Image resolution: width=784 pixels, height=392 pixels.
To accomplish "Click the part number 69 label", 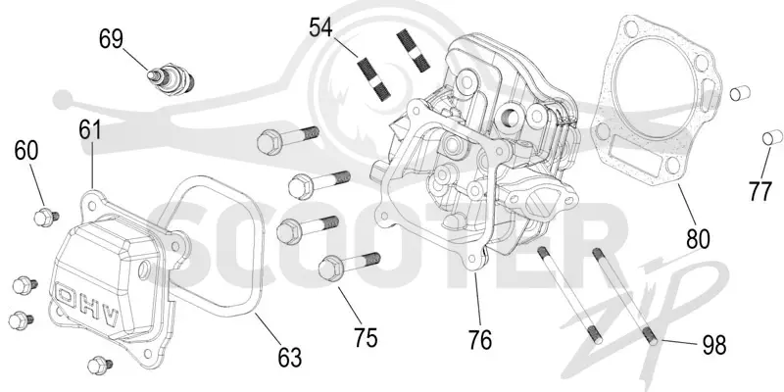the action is (x=111, y=39).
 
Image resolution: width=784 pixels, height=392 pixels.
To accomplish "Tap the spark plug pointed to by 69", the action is (x=171, y=79).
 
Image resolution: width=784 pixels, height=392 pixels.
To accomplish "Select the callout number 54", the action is (x=320, y=27).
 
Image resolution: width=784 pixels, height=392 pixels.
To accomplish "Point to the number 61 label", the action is (x=90, y=129).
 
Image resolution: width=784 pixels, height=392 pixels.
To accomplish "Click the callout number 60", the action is (x=26, y=150).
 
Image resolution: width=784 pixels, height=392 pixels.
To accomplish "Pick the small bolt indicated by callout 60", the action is (x=46, y=218).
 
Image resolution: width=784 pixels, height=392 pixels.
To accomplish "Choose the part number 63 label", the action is (x=290, y=358).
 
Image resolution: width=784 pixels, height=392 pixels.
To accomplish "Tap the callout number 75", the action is (x=366, y=338).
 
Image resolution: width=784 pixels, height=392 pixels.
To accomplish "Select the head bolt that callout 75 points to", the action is (x=349, y=265).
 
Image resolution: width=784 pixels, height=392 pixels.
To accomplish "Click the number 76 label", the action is (x=480, y=340).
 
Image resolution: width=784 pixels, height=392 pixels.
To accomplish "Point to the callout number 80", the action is (x=698, y=239).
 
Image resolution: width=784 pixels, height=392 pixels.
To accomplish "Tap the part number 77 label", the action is (x=760, y=191).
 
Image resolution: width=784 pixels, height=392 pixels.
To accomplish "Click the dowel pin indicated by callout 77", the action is (x=772, y=137).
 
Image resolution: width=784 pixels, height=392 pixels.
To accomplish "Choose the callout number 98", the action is (x=714, y=345).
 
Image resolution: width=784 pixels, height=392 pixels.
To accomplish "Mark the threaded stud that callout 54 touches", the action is (x=374, y=78).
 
